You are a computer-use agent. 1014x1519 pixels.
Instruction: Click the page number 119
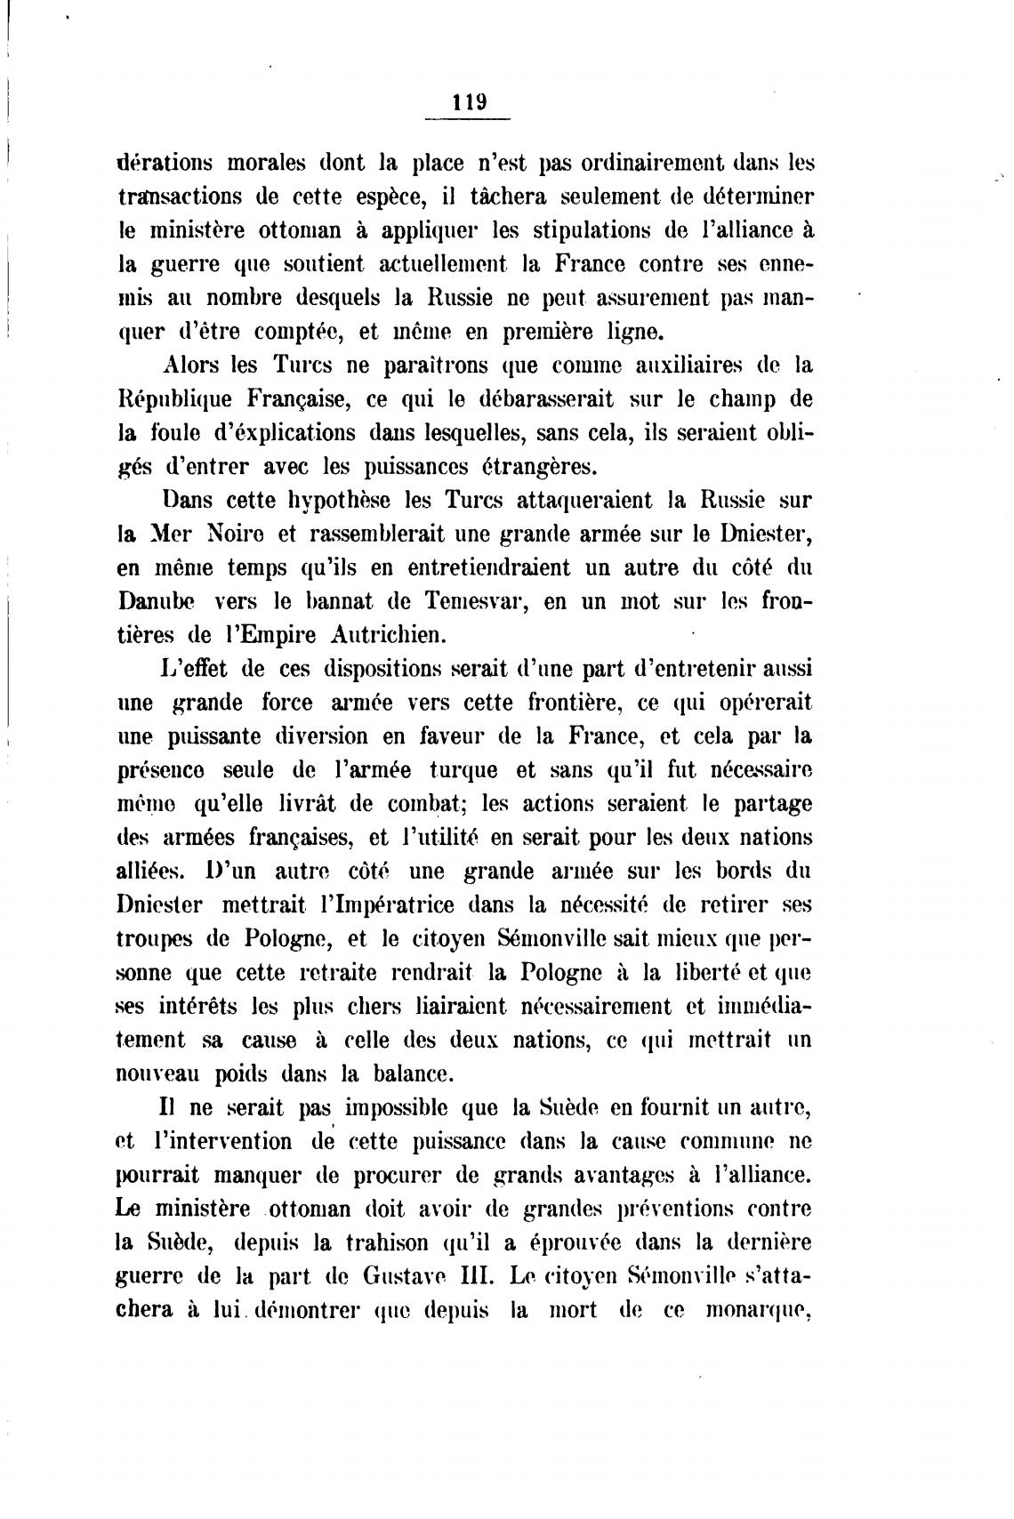pos(469,101)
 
